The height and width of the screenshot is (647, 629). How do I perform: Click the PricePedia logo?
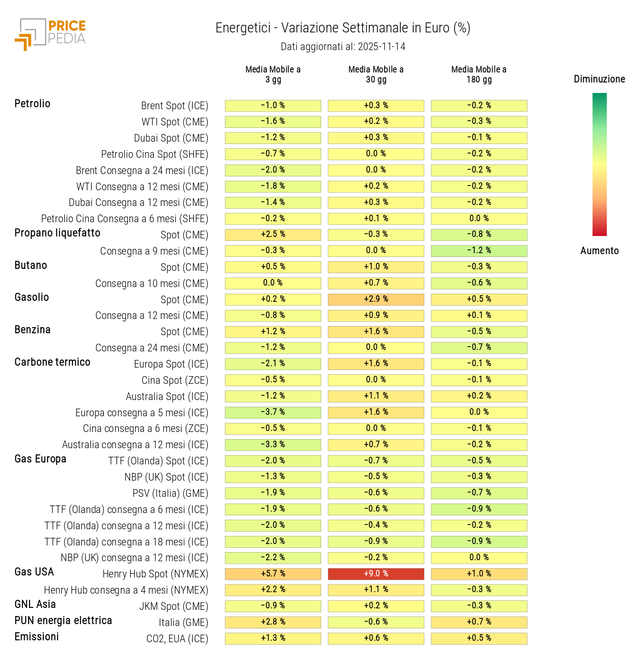pyautogui.click(x=50, y=34)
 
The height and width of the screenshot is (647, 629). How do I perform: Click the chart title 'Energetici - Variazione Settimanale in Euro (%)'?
pyautogui.click(x=343, y=28)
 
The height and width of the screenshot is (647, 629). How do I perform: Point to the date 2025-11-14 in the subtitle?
pyautogui.click(x=381, y=47)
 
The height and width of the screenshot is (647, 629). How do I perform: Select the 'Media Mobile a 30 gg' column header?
pyautogui.click(x=376, y=74)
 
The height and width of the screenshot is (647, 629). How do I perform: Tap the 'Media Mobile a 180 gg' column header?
pyautogui.click(x=479, y=74)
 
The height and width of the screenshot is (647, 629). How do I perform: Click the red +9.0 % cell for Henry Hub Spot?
pyautogui.click(x=376, y=574)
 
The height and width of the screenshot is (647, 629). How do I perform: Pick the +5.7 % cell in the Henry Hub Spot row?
pyautogui.click(x=273, y=574)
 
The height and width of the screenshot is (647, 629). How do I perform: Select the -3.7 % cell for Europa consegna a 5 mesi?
pyautogui.click(x=273, y=412)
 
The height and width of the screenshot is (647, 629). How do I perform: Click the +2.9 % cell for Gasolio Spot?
pyautogui.click(x=376, y=299)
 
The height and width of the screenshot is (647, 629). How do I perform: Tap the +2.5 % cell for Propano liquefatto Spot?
pyautogui.click(x=273, y=234)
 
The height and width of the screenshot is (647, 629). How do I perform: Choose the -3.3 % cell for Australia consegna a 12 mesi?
pyautogui.click(x=273, y=444)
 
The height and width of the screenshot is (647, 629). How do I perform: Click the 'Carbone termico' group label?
pyautogui.click(x=52, y=362)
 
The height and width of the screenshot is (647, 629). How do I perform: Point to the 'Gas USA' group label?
pyautogui.click(x=34, y=572)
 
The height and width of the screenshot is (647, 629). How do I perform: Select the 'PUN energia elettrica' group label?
pyautogui.click(x=63, y=620)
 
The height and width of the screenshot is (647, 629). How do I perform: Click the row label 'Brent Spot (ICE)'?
pyautogui.click(x=174, y=106)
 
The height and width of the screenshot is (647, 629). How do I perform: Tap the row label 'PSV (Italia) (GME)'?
pyautogui.click(x=170, y=493)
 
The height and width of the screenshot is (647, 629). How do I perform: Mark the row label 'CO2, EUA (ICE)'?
pyautogui.click(x=177, y=639)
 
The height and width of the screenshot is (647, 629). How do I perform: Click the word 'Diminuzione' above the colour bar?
pyautogui.click(x=599, y=79)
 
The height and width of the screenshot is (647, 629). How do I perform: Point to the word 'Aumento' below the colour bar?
pyautogui.click(x=599, y=251)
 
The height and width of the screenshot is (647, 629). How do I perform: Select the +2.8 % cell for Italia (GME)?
pyautogui.click(x=273, y=622)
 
